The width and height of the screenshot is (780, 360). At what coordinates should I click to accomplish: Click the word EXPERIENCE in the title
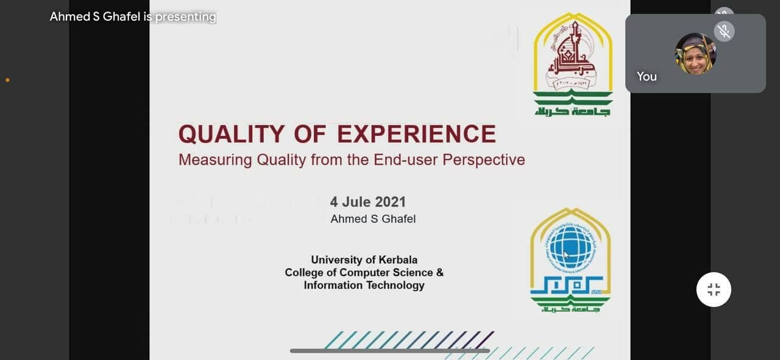click(417, 134)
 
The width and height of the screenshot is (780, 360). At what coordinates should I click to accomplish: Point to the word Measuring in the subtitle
click(215, 160)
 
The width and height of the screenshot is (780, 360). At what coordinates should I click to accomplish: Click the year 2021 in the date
click(391, 202)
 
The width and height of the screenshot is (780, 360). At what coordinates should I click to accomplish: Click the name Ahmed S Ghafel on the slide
click(373, 219)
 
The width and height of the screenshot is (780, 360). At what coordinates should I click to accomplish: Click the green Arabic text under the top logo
click(573, 110)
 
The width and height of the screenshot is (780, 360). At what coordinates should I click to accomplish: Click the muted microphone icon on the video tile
click(724, 31)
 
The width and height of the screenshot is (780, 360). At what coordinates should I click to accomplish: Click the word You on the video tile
click(647, 76)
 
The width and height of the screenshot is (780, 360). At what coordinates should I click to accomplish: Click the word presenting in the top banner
click(185, 16)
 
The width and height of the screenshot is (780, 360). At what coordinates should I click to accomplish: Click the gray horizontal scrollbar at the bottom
click(390, 351)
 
